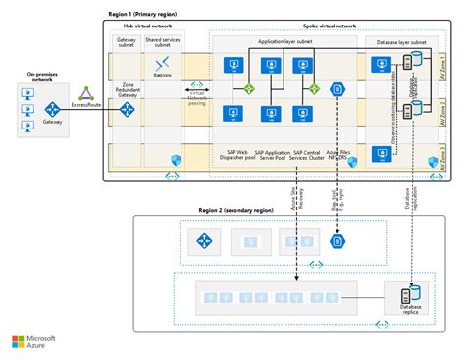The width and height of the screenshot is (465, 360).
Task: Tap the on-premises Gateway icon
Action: tap(51, 110)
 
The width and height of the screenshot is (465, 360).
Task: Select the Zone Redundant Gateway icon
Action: tap(128, 110)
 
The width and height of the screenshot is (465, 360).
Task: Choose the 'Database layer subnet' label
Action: tap(402, 43)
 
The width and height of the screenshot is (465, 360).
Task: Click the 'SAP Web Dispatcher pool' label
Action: tap(233, 158)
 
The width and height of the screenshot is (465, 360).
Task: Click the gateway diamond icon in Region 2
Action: tap(203, 240)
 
